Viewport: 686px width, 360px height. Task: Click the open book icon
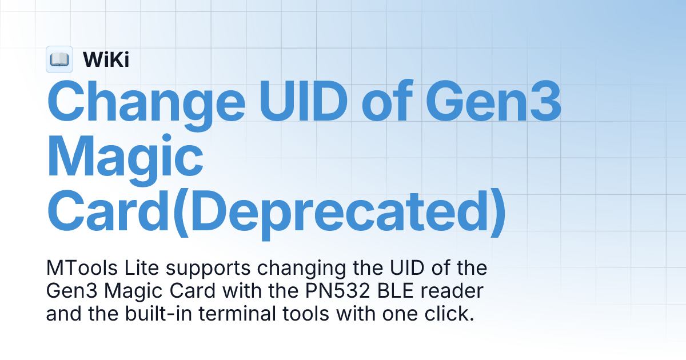click(59, 59)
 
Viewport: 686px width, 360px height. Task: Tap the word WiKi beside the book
click(106, 59)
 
